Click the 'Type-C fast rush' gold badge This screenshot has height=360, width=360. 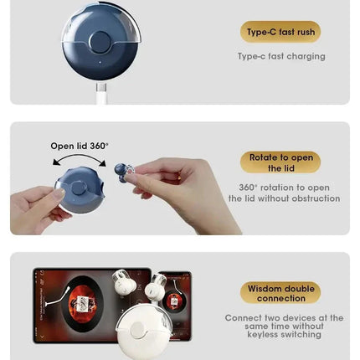click(x=280, y=33)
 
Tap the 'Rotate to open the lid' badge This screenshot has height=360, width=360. click(x=280, y=162)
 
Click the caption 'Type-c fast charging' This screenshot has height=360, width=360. click(x=280, y=57)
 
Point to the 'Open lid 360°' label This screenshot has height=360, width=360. click(x=80, y=146)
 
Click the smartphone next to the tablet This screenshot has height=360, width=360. click(x=174, y=301)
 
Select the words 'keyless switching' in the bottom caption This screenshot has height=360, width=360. click(x=284, y=335)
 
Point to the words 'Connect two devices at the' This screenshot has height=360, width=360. click(x=284, y=318)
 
